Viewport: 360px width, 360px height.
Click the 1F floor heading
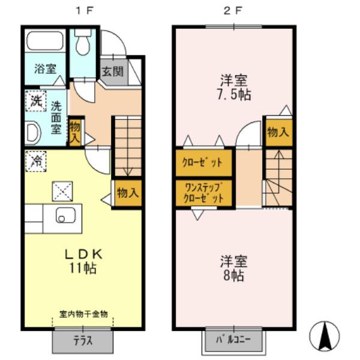tap(83, 11)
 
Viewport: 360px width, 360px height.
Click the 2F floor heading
tap(233, 11)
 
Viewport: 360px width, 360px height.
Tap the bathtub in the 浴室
tap(46, 42)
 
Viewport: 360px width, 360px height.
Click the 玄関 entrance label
tap(112, 71)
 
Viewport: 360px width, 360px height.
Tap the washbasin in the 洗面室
tap(32, 131)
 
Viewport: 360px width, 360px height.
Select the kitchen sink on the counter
tap(63, 214)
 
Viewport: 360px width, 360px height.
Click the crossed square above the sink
tap(61, 190)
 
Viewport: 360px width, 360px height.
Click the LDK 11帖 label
tap(84, 261)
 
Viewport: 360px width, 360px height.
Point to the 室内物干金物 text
tap(83, 314)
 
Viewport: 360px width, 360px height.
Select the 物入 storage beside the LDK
tap(127, 193)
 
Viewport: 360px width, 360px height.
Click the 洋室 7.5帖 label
tap(235, 87)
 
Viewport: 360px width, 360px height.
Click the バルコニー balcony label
tap(234, 340)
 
